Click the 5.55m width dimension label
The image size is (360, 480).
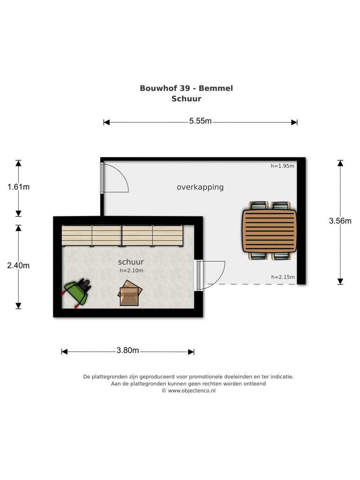(x=200, y=121)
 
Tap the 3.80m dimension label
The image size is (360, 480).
(x=127, y=350)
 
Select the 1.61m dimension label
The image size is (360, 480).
(x=18, y=187)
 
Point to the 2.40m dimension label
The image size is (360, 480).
(x=18, y=265)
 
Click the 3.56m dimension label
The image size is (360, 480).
(x=340, y=221)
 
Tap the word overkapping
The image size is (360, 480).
(x=200, y=187)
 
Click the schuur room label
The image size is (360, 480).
(x=131, y=262)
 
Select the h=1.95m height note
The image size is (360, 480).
(x=282, y=166)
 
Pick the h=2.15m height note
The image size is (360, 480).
(x=283, y=277)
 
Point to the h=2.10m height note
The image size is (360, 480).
(x=131, y=270)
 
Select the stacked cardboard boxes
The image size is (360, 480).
(x=130, y=293)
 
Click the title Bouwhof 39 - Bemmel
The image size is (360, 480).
(x=186, y=88)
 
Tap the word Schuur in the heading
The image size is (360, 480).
(x=186, y=98)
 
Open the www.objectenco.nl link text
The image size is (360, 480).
(x=192, y=390)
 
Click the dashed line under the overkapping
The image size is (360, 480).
(x=252, y=285)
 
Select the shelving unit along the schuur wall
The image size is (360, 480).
(x=122, y=236)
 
